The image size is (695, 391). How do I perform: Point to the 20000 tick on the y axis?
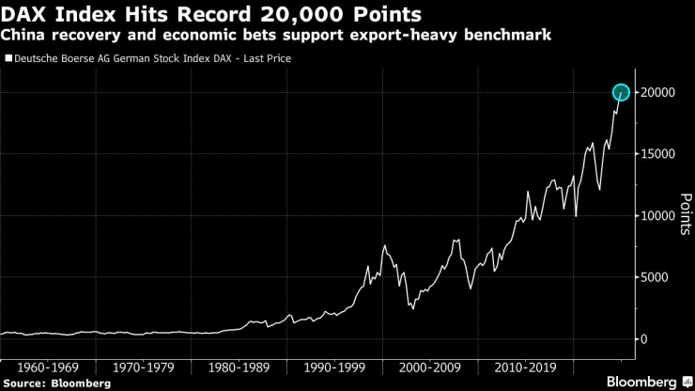pos(659,92)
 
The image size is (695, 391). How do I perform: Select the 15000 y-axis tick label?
pos(659,154)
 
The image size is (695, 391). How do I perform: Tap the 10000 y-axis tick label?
pos(659,215)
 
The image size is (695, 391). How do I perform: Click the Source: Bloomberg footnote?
pos(56,383)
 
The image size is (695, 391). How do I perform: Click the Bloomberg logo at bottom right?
pos(648,382)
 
